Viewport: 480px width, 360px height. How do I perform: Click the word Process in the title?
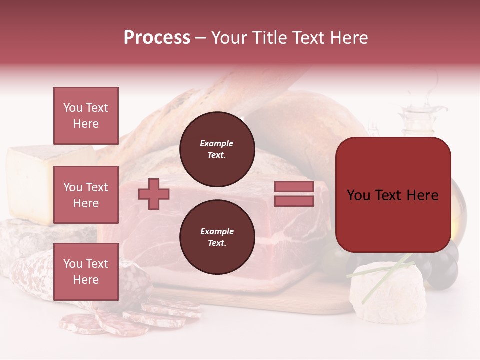[x=157, y=38]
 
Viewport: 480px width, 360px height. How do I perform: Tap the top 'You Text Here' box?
[x=86, y=116]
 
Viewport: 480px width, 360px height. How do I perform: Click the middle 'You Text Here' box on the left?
[x=86, y=195]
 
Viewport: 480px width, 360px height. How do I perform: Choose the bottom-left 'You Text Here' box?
[x=86, y=272]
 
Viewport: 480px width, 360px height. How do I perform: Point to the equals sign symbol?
[x=294, y=194]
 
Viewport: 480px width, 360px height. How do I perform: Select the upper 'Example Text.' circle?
[x=217, y=149]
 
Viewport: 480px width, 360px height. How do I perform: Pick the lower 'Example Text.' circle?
[x=217, y=237]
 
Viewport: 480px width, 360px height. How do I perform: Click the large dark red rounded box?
[x=393, y=195]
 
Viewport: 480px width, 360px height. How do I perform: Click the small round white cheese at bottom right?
[x=387, y=292]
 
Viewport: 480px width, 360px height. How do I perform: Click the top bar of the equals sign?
[x=294, y=187]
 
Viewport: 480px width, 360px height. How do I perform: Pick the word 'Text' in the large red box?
[x=392, y=195]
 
